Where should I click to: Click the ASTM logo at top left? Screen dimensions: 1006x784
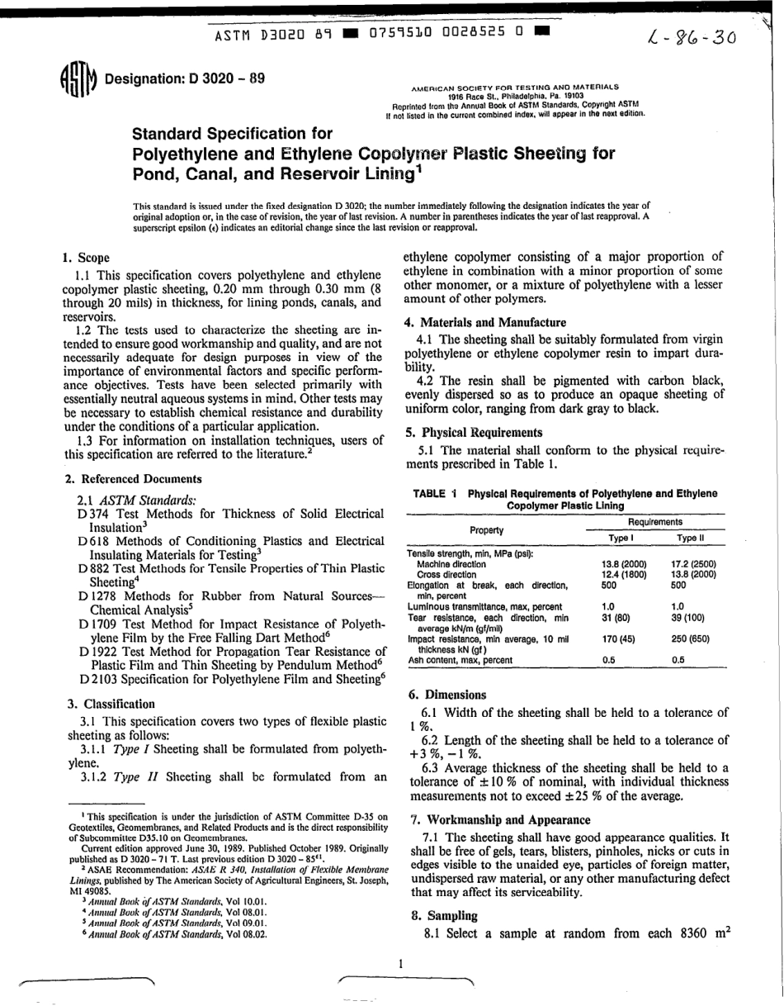79,80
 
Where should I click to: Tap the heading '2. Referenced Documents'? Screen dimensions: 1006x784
133,478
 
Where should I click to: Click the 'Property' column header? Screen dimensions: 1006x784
486,529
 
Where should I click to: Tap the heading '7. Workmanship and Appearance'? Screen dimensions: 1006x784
500,820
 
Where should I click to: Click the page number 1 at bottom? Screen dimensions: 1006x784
399,963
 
